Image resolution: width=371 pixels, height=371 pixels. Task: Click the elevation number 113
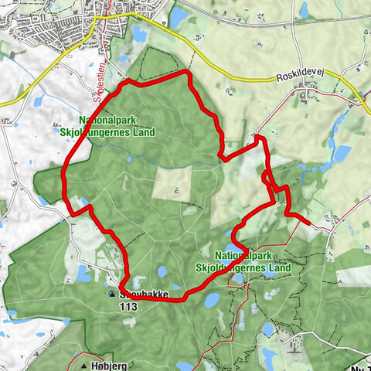128,306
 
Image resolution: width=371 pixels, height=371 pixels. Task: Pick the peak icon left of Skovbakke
114,294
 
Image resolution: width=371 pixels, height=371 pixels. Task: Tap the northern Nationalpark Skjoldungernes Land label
117,126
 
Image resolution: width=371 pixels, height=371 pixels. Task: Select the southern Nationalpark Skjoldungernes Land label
253,260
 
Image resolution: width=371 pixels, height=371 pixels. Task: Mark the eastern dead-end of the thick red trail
311,223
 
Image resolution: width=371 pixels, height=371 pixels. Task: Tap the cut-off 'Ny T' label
359,366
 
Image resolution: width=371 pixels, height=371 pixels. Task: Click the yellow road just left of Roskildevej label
247,77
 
